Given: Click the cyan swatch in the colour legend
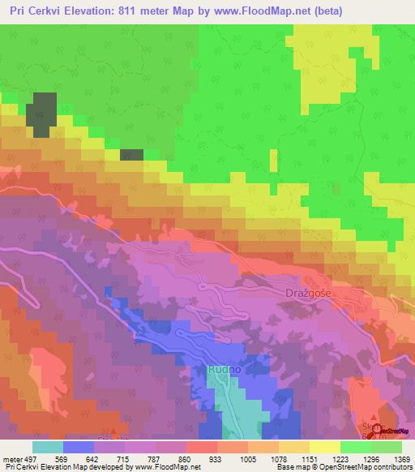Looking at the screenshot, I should (x=47, y=446).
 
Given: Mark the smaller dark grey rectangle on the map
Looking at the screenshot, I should (x=131, y=154).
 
